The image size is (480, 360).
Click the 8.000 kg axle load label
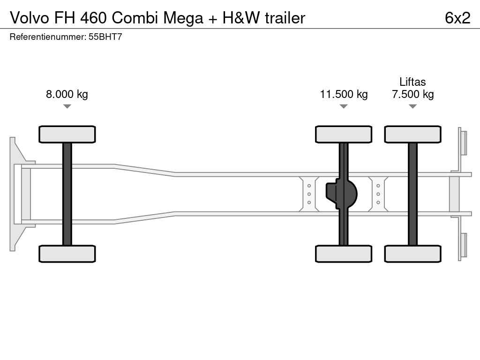(x=67, y=94)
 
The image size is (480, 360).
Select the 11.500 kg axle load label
(x=344, y=94)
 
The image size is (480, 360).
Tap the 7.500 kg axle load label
(x=412, y=94)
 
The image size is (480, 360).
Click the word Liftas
(x=412, y=82)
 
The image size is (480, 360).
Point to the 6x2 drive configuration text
(x=457, y=18)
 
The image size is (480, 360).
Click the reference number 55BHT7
(x=105, y=37)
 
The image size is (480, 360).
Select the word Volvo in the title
(x=30, y=18)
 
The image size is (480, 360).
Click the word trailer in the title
(x=285, y=18)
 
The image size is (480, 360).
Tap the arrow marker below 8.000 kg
(x=67, y=106)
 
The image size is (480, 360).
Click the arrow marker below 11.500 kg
(x=344, y=106)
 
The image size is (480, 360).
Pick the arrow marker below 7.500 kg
(x=412, y=106)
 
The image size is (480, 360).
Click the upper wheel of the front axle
(x=67, y=135)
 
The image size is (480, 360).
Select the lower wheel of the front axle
(x=67, y=254)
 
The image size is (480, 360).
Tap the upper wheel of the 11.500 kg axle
(x=344, y=135)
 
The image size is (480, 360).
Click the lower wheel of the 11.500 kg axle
(x=344, y=254)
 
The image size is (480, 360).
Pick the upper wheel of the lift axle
(x=412, y=135)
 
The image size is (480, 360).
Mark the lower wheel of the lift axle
(x=412, y=254)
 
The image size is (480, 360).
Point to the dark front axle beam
(x=67, y=194)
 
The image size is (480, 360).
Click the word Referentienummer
(x=48, y=37)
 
